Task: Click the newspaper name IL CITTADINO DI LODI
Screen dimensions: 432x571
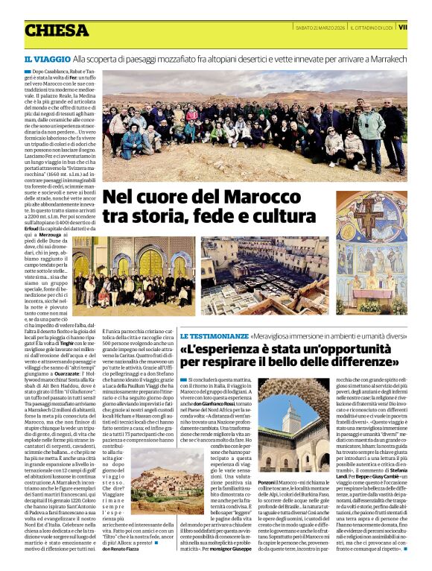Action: coord(372,28)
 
